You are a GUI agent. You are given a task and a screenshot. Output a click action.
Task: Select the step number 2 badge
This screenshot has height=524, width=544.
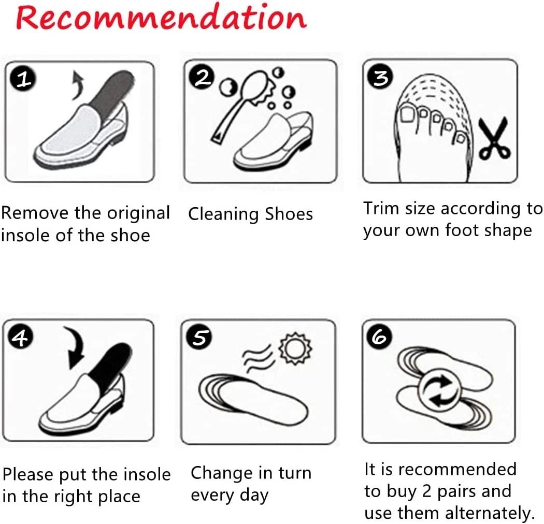202,78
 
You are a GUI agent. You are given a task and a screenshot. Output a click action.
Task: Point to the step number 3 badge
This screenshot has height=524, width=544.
381,77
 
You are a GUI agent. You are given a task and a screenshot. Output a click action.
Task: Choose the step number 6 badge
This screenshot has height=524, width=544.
379,337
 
